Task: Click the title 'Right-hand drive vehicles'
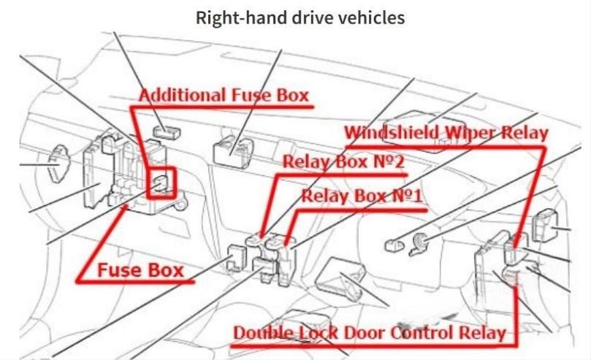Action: (x=300, y=18)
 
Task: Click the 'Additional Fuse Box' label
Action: (x=224, y=95)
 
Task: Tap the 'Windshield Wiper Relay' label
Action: (x=446, y=133)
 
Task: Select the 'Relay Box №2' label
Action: (x=343, y=161)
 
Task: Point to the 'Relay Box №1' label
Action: (x=362, y=196)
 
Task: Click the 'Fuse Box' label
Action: (x=140, y=270)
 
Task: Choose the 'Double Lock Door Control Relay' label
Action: (x=370, y=333)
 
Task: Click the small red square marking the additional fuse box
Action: (x=161, y=183)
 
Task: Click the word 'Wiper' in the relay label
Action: (x=470, y=134)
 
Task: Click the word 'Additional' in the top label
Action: (x=183, y=95)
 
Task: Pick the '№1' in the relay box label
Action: (x=407, y=196)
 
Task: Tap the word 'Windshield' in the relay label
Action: (x=392, y=133)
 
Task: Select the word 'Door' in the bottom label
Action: (x=365, y=333)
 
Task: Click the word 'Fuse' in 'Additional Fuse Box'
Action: (x=251, y=95)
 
